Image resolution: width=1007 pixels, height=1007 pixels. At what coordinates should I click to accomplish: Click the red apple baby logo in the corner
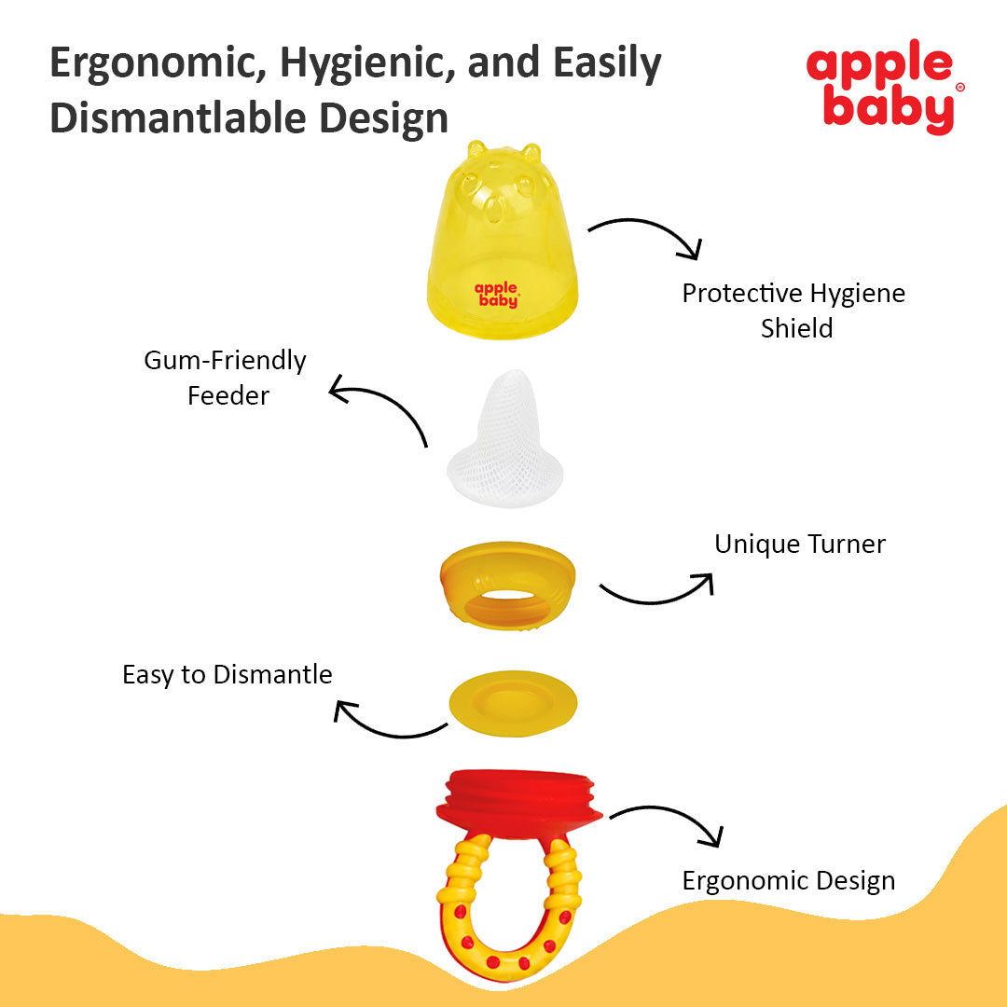pos(884,88)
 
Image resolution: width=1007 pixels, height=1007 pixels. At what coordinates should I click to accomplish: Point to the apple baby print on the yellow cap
pos(496,294)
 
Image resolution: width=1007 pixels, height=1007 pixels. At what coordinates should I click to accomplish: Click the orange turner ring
pos(507,586)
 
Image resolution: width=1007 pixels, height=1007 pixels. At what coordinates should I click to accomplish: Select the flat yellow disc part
pos(513,703)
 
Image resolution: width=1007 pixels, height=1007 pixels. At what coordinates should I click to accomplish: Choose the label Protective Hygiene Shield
pos(793,310)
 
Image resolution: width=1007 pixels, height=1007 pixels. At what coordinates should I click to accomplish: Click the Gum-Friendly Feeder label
pos(226,378)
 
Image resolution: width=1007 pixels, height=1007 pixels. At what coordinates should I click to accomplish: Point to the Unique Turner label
pos(800,544)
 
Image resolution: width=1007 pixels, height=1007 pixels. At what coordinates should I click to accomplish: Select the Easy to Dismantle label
pos(228,675)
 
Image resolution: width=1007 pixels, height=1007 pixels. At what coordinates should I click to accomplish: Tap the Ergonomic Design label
pos(789,880)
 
